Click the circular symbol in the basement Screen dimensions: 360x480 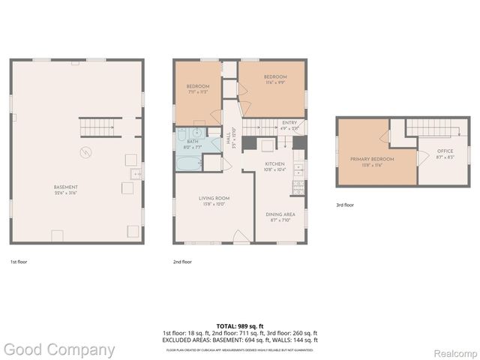pos(85,153)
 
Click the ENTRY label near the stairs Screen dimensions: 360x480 pos(289,124)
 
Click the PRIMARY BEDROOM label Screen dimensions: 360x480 pos(367,163)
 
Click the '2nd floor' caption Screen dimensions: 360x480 pos(183,262)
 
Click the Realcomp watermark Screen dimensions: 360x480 pos(454,350)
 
